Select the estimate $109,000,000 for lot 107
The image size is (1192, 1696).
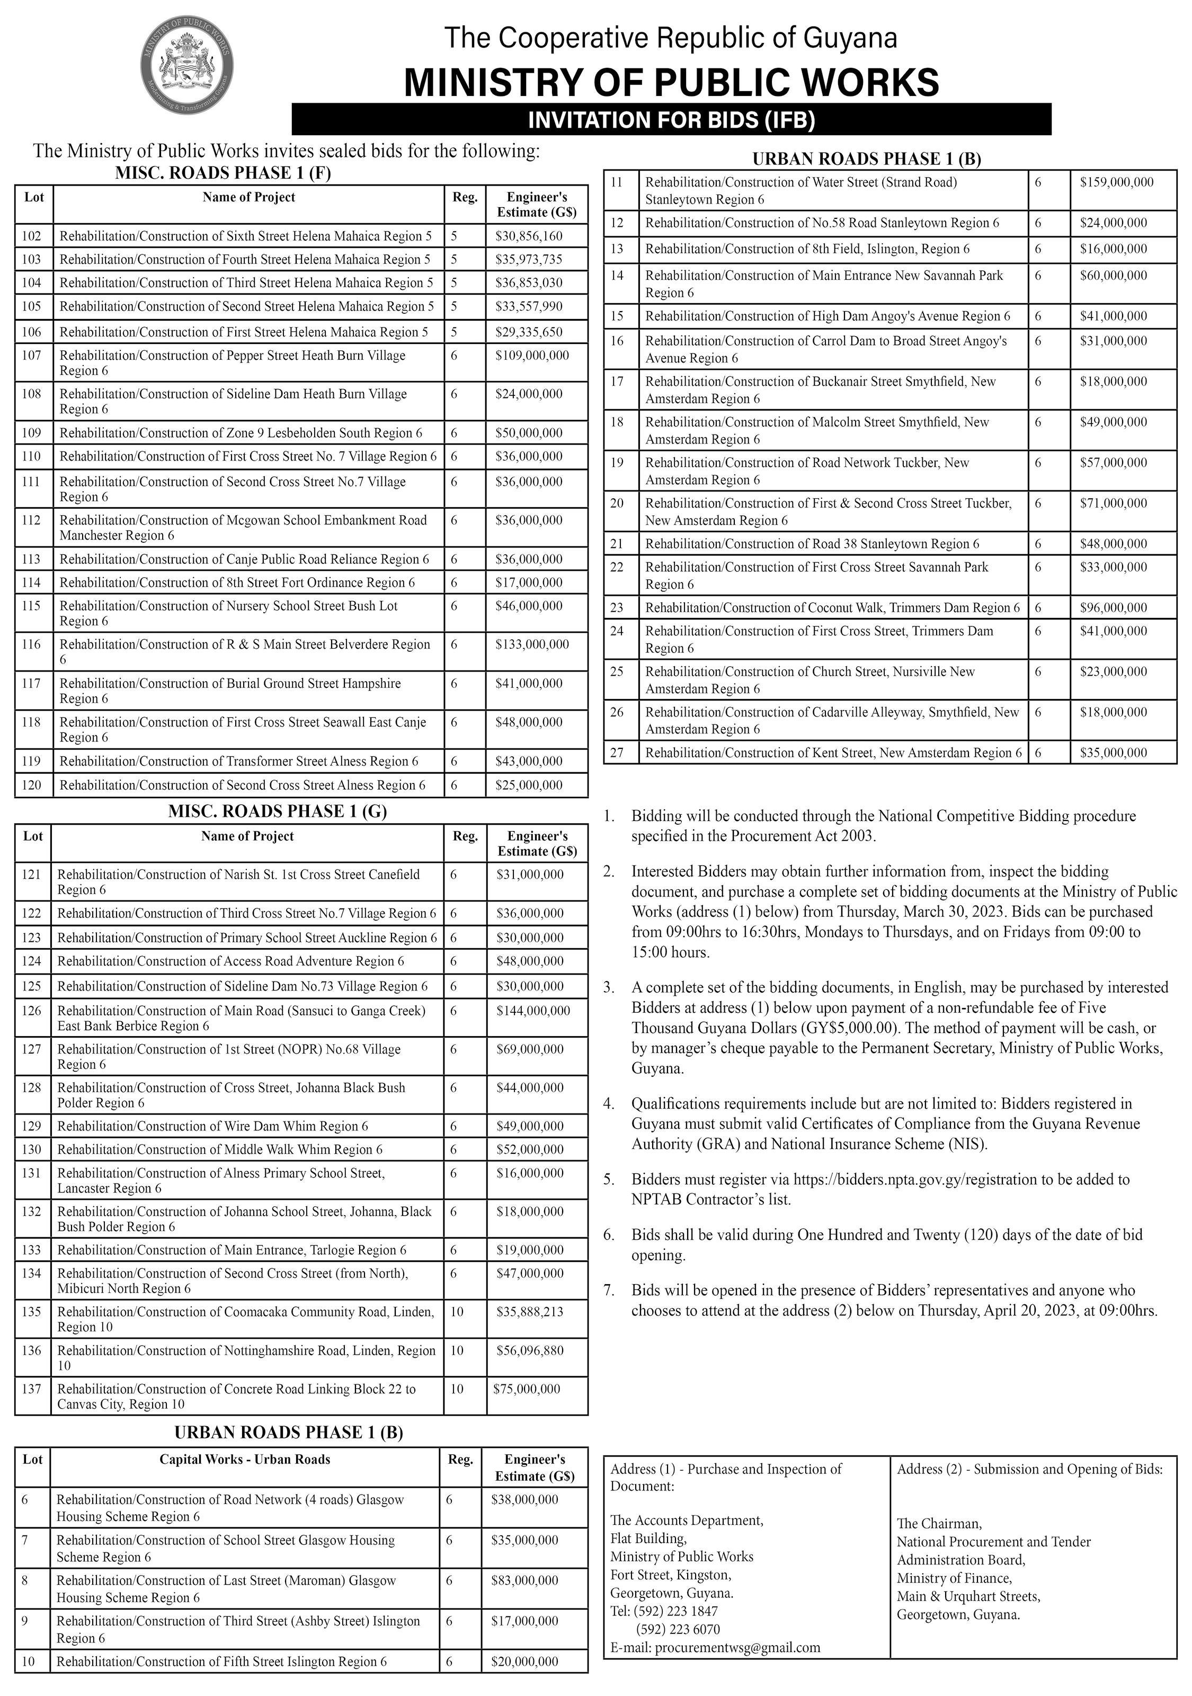click(x=532, y=355)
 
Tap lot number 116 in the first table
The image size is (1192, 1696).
click(x=32, y=644)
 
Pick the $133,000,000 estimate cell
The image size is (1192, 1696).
click(x=532, y=644)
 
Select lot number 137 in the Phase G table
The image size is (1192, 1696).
click(x=32, y=1389)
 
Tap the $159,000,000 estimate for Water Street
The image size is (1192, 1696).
click(x=1116, y=182)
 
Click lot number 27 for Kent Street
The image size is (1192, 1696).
click(x=617, y=753)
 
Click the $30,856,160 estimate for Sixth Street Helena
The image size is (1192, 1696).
click(x=529, y=236)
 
